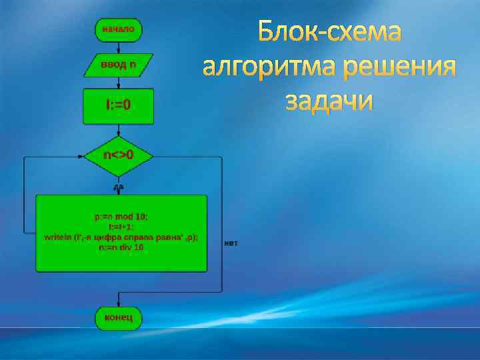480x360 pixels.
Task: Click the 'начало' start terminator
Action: pyautogui.click(x=118, y=29)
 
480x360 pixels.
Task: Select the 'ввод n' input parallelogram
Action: pyautogui.click(x=118, y=65)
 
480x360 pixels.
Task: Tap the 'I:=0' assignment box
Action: pyautogui.click(x=118, y=106)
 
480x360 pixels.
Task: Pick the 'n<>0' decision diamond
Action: pyautogui.click(x=119, y=156)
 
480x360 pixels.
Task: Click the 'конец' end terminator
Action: pyautogui.click(x=118, y=317)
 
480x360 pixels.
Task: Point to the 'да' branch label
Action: pyautogui.click(x=118, y=187)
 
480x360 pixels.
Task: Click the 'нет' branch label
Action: pyautogui.click(x=231, y=243)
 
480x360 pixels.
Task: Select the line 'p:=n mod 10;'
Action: pyautogui.click(x=122, y=217)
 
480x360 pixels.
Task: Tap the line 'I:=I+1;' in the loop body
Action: pyautogui.click(x=121, y=227)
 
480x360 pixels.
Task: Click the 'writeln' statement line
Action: pyautogui.click(x=121, y=237)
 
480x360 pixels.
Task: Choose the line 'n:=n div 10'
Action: pyautogui.click(x=121, y=247)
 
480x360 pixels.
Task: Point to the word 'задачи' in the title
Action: pyautogui.click(x=329, y=101)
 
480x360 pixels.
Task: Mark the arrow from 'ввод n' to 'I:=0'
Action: pyautogui.click(x=118, y=83)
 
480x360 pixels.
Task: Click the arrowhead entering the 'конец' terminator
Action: pyautogui.click(x=118, y=303)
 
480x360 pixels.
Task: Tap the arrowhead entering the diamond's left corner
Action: pyautogui.click(x=81, y=158)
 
